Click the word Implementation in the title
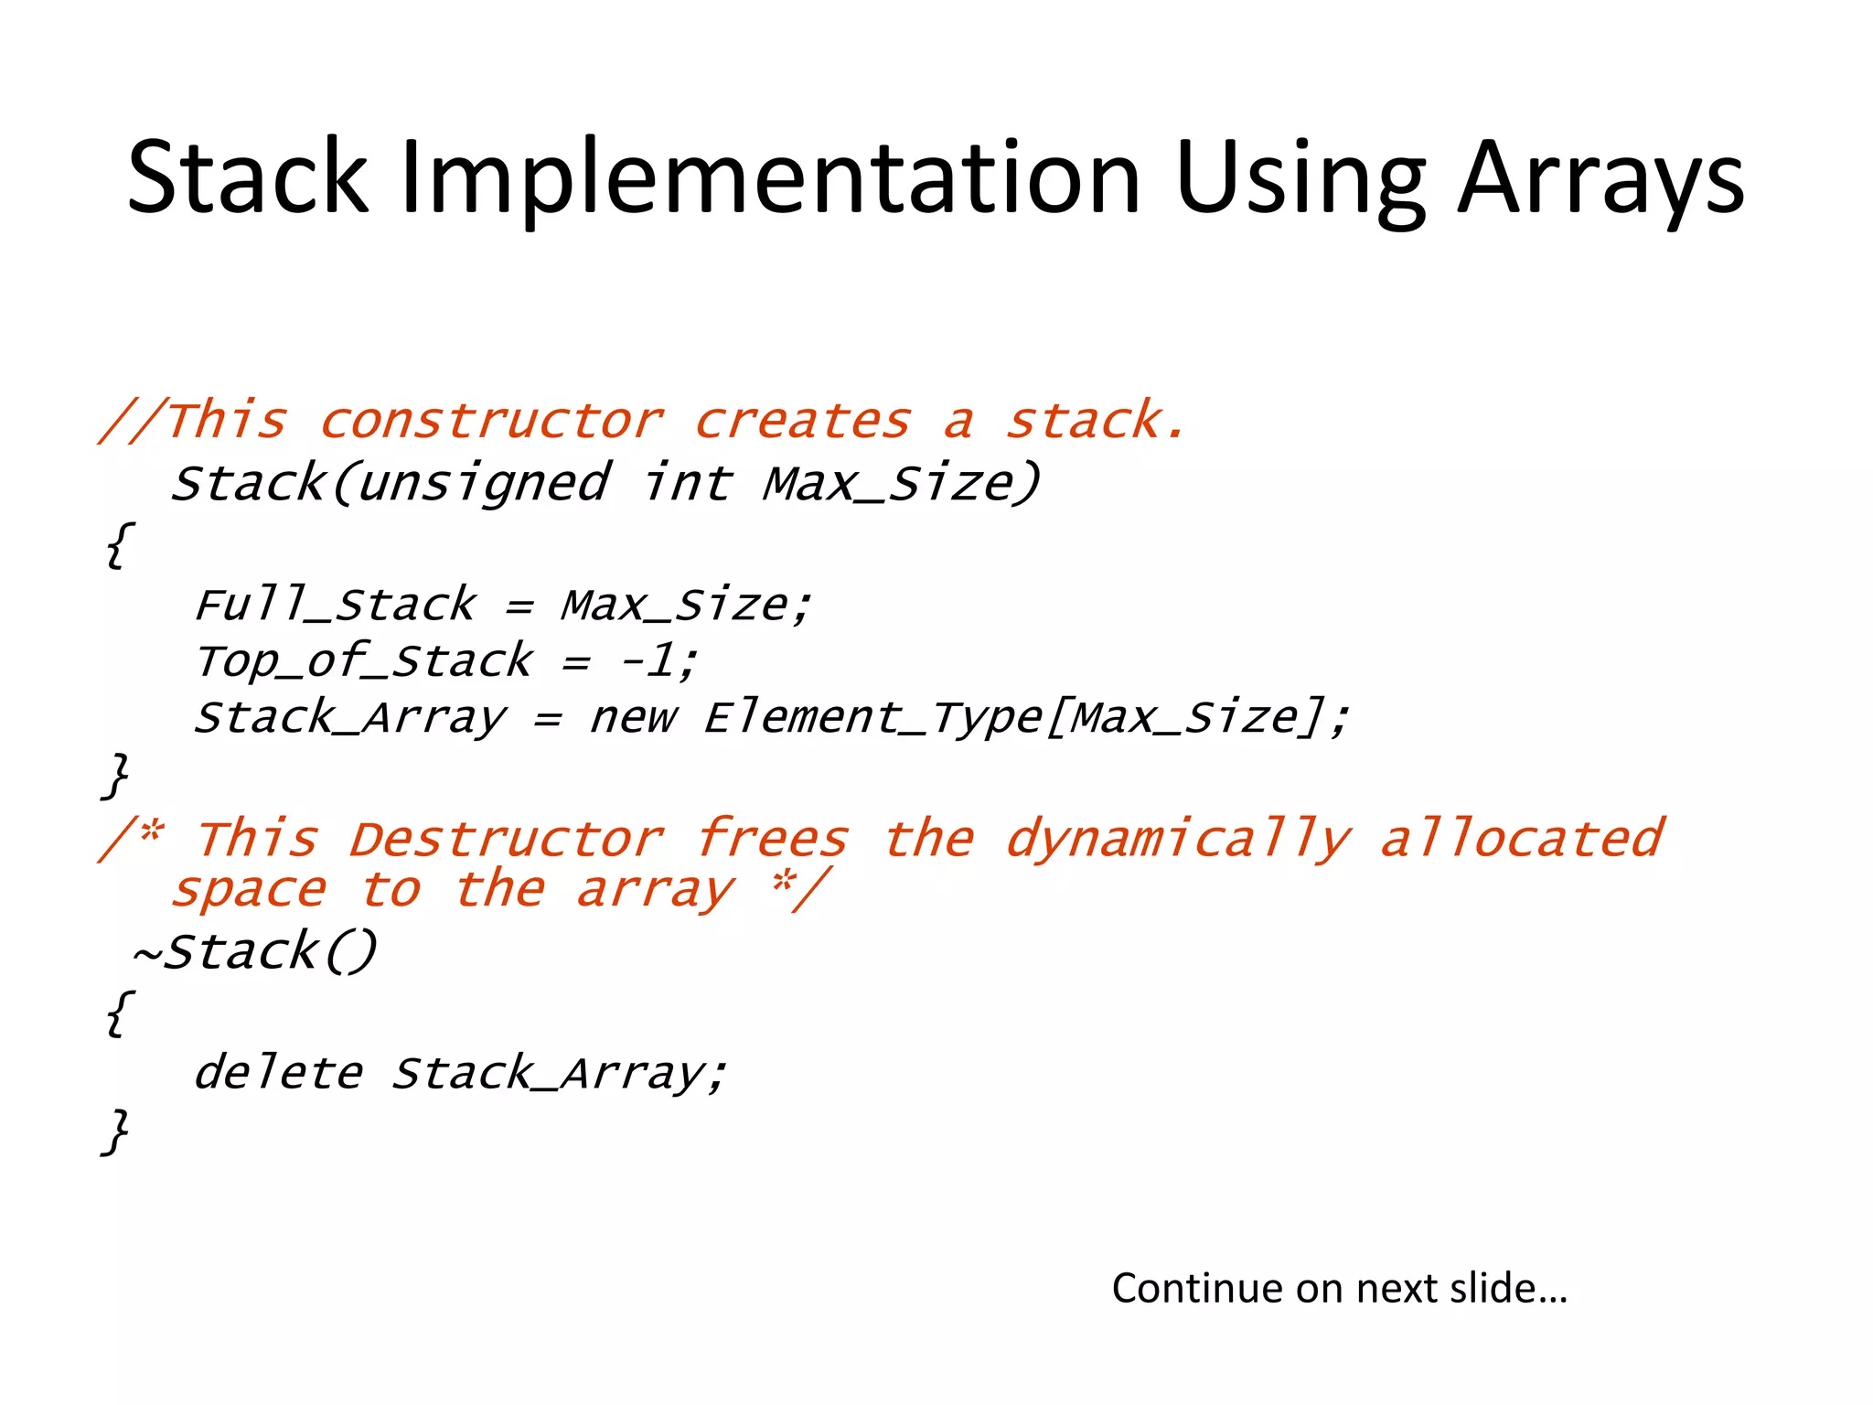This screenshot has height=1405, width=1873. click(x=771, y=177)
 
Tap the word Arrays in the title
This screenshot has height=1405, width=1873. click(x=1600, y=177)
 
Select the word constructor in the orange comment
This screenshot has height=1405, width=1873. click(x=492, y=422)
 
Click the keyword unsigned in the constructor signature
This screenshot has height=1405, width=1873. click(x=483, y=484)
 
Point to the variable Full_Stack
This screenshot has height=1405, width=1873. click(x=336, y=605)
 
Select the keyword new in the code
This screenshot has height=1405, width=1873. click(x=633, y=716)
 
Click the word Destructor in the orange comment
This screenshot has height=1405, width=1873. click(x=507, y=839)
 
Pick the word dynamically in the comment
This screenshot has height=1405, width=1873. click(x=1177, y=839)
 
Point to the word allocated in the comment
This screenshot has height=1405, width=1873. click(x=1522, y=839)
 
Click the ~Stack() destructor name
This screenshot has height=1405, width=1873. click(x=255, y=951)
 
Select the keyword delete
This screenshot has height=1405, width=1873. click(x=278, y=1073)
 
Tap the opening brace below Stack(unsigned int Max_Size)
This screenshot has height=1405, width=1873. click(x=118, y=546)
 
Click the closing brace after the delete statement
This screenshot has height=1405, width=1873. click(x=116, y=1132)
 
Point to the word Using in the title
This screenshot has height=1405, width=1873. click(x=1300, y=177)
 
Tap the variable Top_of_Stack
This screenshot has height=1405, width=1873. click(x=364, y=660)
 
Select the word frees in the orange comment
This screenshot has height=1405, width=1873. click(x=773, y=839)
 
